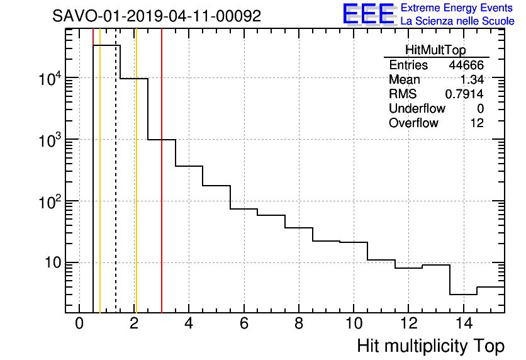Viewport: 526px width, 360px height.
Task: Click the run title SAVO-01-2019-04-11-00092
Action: [157, 16]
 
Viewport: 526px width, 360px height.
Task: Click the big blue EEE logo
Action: [369, 14]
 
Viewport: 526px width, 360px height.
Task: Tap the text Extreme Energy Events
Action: [457, 8]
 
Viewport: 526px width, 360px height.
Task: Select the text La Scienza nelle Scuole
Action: [457, 21]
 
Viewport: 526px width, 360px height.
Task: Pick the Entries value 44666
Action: [466, 65]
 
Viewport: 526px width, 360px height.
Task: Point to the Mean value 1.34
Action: [473, 80]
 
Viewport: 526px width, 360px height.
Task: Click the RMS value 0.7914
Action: [464, 94]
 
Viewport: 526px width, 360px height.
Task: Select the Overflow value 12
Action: [477, 123]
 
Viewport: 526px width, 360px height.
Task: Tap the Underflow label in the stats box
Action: [417, 109]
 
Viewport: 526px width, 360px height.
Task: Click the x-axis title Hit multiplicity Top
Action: [430, 346]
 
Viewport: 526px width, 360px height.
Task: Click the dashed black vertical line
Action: [116, 189]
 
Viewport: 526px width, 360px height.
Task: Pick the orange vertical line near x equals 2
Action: [136, 189]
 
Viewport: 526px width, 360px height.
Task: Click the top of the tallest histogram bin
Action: [106, 45]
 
